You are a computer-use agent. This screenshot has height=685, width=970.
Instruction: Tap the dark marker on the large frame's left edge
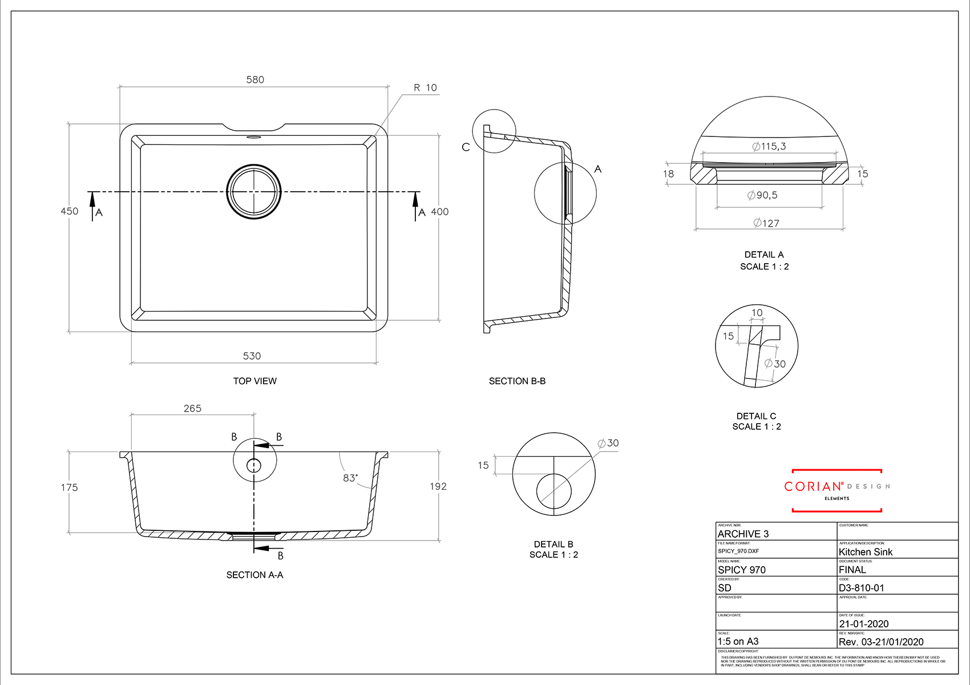(x=70, y=211)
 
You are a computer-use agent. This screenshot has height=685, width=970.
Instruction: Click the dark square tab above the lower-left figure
(x=193, y=398)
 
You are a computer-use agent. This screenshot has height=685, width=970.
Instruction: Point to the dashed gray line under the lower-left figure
(x=180, y=533)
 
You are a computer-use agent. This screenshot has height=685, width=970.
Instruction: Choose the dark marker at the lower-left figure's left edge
(x=80, y=487)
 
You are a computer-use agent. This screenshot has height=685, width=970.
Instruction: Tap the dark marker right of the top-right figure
(x=868, y=174)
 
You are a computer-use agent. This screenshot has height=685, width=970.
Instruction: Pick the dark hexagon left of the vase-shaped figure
(x=481, y=465)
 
